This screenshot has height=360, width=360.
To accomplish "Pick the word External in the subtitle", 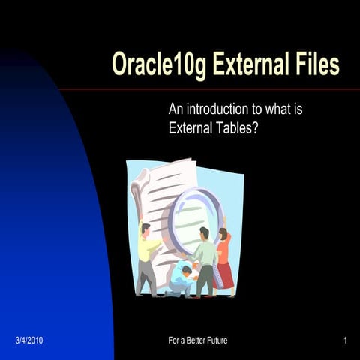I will (x=191, y=127).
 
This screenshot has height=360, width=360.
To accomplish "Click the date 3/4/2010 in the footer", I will (x=29, y=340).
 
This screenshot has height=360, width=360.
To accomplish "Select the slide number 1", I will (x=344, y=340).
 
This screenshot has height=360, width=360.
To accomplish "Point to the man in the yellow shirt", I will (x=148, y=255).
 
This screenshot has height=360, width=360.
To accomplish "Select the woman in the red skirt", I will (x=223, y=262).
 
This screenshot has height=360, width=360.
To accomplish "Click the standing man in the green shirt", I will (x=204, y=259).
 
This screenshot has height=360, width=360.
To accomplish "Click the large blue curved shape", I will (x=45, y=225).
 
